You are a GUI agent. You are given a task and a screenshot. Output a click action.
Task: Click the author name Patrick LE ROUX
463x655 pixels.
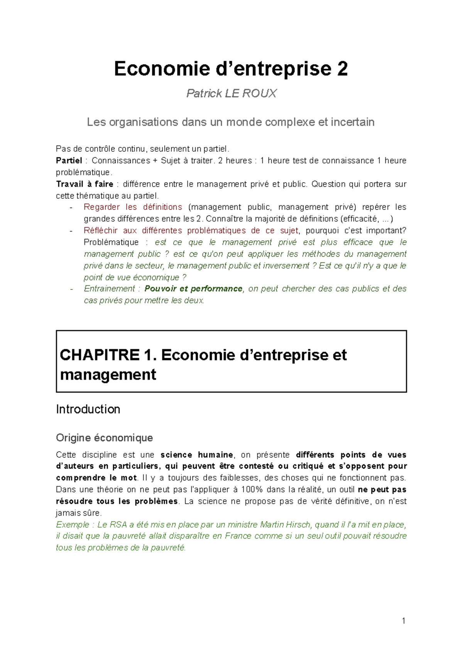231,93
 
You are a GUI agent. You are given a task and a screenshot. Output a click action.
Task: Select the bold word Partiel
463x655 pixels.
69,161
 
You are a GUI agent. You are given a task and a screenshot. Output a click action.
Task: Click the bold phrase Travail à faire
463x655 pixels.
84,184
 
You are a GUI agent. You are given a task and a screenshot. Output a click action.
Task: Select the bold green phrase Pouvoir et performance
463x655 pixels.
193,289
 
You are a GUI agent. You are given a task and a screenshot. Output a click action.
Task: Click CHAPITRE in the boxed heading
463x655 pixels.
100,355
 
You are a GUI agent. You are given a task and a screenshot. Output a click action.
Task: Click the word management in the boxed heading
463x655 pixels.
108,375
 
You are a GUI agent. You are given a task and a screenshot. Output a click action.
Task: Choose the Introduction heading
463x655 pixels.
88,409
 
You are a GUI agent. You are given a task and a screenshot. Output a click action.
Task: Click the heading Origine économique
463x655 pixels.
104,438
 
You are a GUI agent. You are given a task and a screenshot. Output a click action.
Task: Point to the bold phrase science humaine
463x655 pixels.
197,455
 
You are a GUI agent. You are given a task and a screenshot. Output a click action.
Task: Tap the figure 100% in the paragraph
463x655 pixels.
252,490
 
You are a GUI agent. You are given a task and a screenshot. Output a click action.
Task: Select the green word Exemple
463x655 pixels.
73,525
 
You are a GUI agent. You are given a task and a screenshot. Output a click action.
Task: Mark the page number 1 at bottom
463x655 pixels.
404,621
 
